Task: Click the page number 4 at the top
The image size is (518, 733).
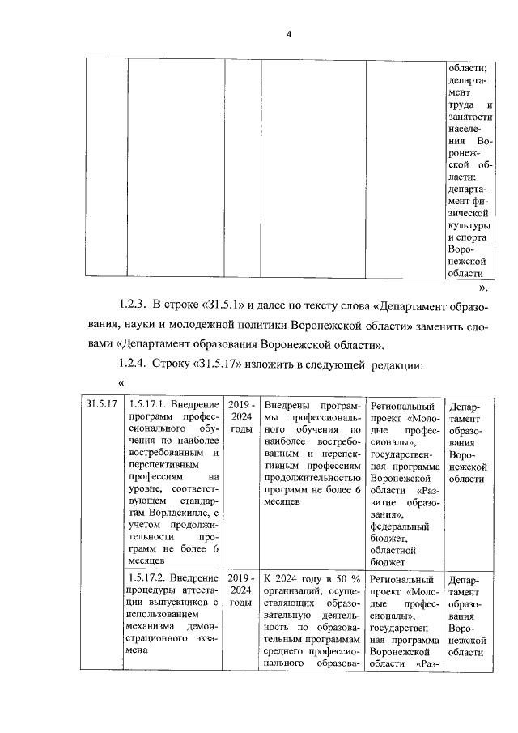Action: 288,33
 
